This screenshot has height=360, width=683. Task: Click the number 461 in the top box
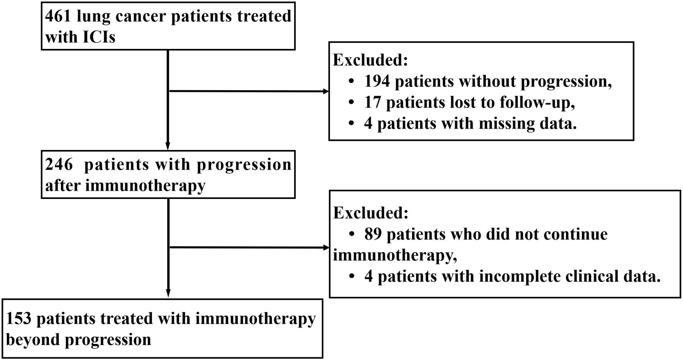pos(58,16)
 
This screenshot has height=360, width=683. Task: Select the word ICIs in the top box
pos(98,37)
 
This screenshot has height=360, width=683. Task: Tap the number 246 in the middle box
pos(59,165)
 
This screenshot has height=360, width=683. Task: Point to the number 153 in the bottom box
pos(19,319)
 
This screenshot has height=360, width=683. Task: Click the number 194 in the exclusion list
pos(377,81)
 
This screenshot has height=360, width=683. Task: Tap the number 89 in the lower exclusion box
pos(373,234)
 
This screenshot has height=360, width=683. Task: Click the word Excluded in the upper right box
pos(370,60)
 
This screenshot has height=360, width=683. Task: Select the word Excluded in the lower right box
pos(370,213)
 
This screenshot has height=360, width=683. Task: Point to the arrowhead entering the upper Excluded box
pos(326,91)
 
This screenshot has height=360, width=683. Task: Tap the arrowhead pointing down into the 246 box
pos(168,147)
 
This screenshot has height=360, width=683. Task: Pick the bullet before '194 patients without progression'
pos(351,81)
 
